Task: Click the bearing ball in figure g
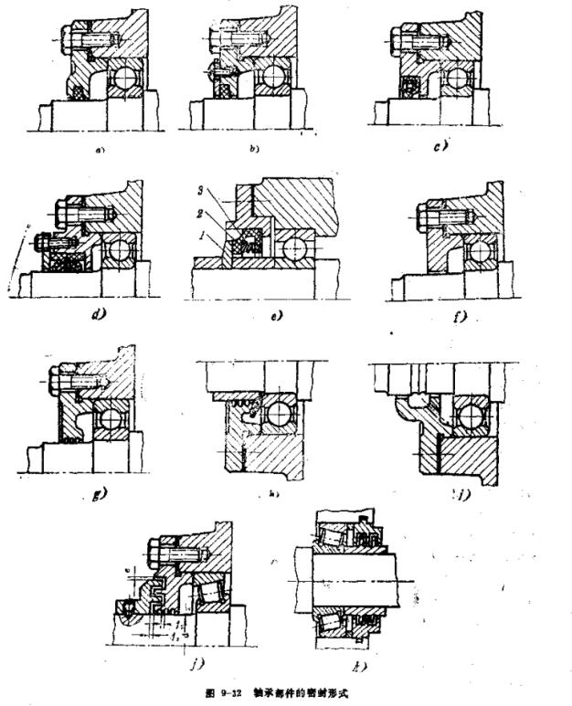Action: (x=114, y=419)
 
